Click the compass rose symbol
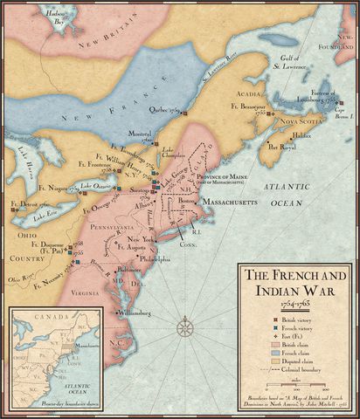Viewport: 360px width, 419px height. pos(184,329)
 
